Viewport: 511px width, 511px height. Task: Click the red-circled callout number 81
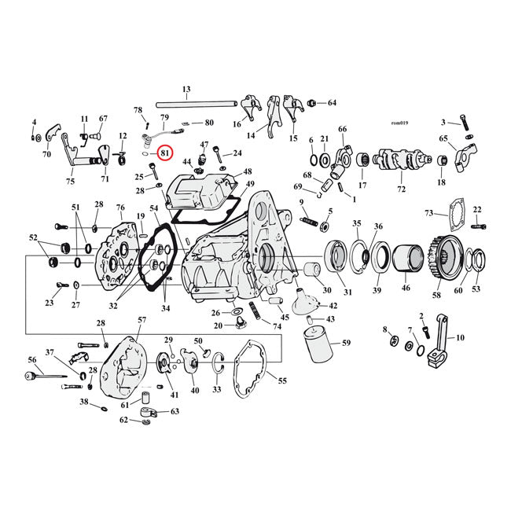tap(165, 153)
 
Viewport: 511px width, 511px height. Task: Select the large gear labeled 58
tap(446, 258)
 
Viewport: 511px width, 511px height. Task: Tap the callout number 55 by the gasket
tap(282, 380)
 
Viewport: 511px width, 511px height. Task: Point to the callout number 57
tap(142, 320)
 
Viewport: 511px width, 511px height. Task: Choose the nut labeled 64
tap(312, 103)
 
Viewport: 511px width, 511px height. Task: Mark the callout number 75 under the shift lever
tap(71, 182)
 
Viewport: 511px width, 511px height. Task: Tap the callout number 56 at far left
tap(32, 359)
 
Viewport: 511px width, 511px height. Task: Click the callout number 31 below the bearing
tap(347, 292)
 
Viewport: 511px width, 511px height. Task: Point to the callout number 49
tap(250, 185)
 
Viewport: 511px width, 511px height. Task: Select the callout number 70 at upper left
tap(46, 155)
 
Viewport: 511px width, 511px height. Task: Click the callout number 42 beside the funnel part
tap(333, 306)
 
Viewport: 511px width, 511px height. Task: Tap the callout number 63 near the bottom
tap(175, 410)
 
